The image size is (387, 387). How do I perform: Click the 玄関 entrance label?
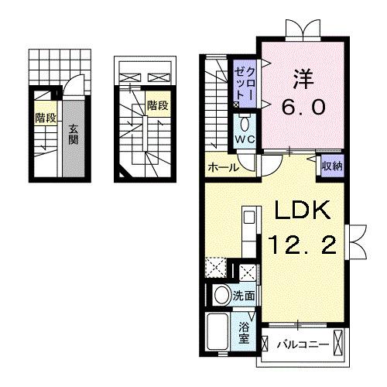(72, 135)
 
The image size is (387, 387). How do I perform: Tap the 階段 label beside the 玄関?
(46, 118)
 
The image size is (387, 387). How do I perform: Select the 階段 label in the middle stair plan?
(158, 104)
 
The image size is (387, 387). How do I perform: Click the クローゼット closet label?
(242, 81)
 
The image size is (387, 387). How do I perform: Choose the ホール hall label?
(221, 166)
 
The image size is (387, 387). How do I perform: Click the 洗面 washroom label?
(245, 295)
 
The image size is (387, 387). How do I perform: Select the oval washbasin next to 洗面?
(221, 295)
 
